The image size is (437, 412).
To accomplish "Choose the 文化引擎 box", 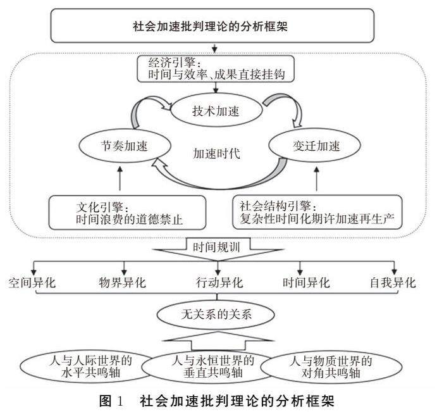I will tap(127, 213).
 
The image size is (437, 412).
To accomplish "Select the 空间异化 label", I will tap(32, 282).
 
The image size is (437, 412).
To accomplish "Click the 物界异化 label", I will tap(122, 282).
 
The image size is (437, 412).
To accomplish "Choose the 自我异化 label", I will tap(393, 282).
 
